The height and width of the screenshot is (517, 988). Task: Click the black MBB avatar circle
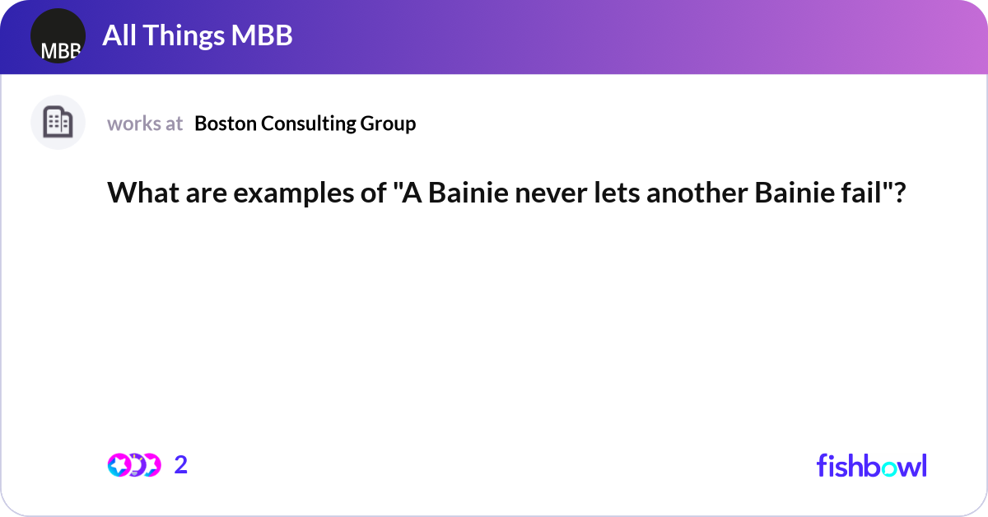click(58, 37)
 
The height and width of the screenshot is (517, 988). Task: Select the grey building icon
click(58, 123)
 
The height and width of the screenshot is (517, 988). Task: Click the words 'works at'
click(145, 123)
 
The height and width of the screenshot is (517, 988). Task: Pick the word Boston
click(225, 123)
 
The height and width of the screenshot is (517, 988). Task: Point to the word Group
click(388, 123)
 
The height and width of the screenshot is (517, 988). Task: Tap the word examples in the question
click(269, 193)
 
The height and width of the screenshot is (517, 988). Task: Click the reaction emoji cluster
click(134, 465)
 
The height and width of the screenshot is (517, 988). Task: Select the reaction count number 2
click(181, 465)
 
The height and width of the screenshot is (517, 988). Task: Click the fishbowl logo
click(871, 465)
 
